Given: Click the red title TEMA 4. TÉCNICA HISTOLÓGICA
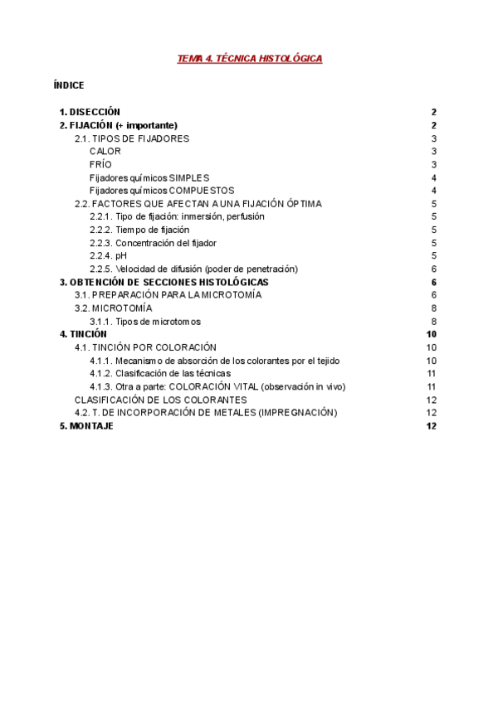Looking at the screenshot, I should click(250, 59).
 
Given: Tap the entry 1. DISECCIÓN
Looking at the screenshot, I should click(90, 112).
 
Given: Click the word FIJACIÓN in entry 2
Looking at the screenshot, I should click(90, 125).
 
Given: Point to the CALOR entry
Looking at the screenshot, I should click(105, 152).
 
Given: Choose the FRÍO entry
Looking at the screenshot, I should click(100, 165).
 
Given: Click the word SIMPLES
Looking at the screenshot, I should click(189, 178).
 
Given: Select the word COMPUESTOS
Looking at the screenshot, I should click(202, 191).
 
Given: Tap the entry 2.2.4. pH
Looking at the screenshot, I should click(109, 256).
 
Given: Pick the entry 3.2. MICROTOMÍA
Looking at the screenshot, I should click(114, 308).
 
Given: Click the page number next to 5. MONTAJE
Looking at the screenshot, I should click(431, 426).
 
